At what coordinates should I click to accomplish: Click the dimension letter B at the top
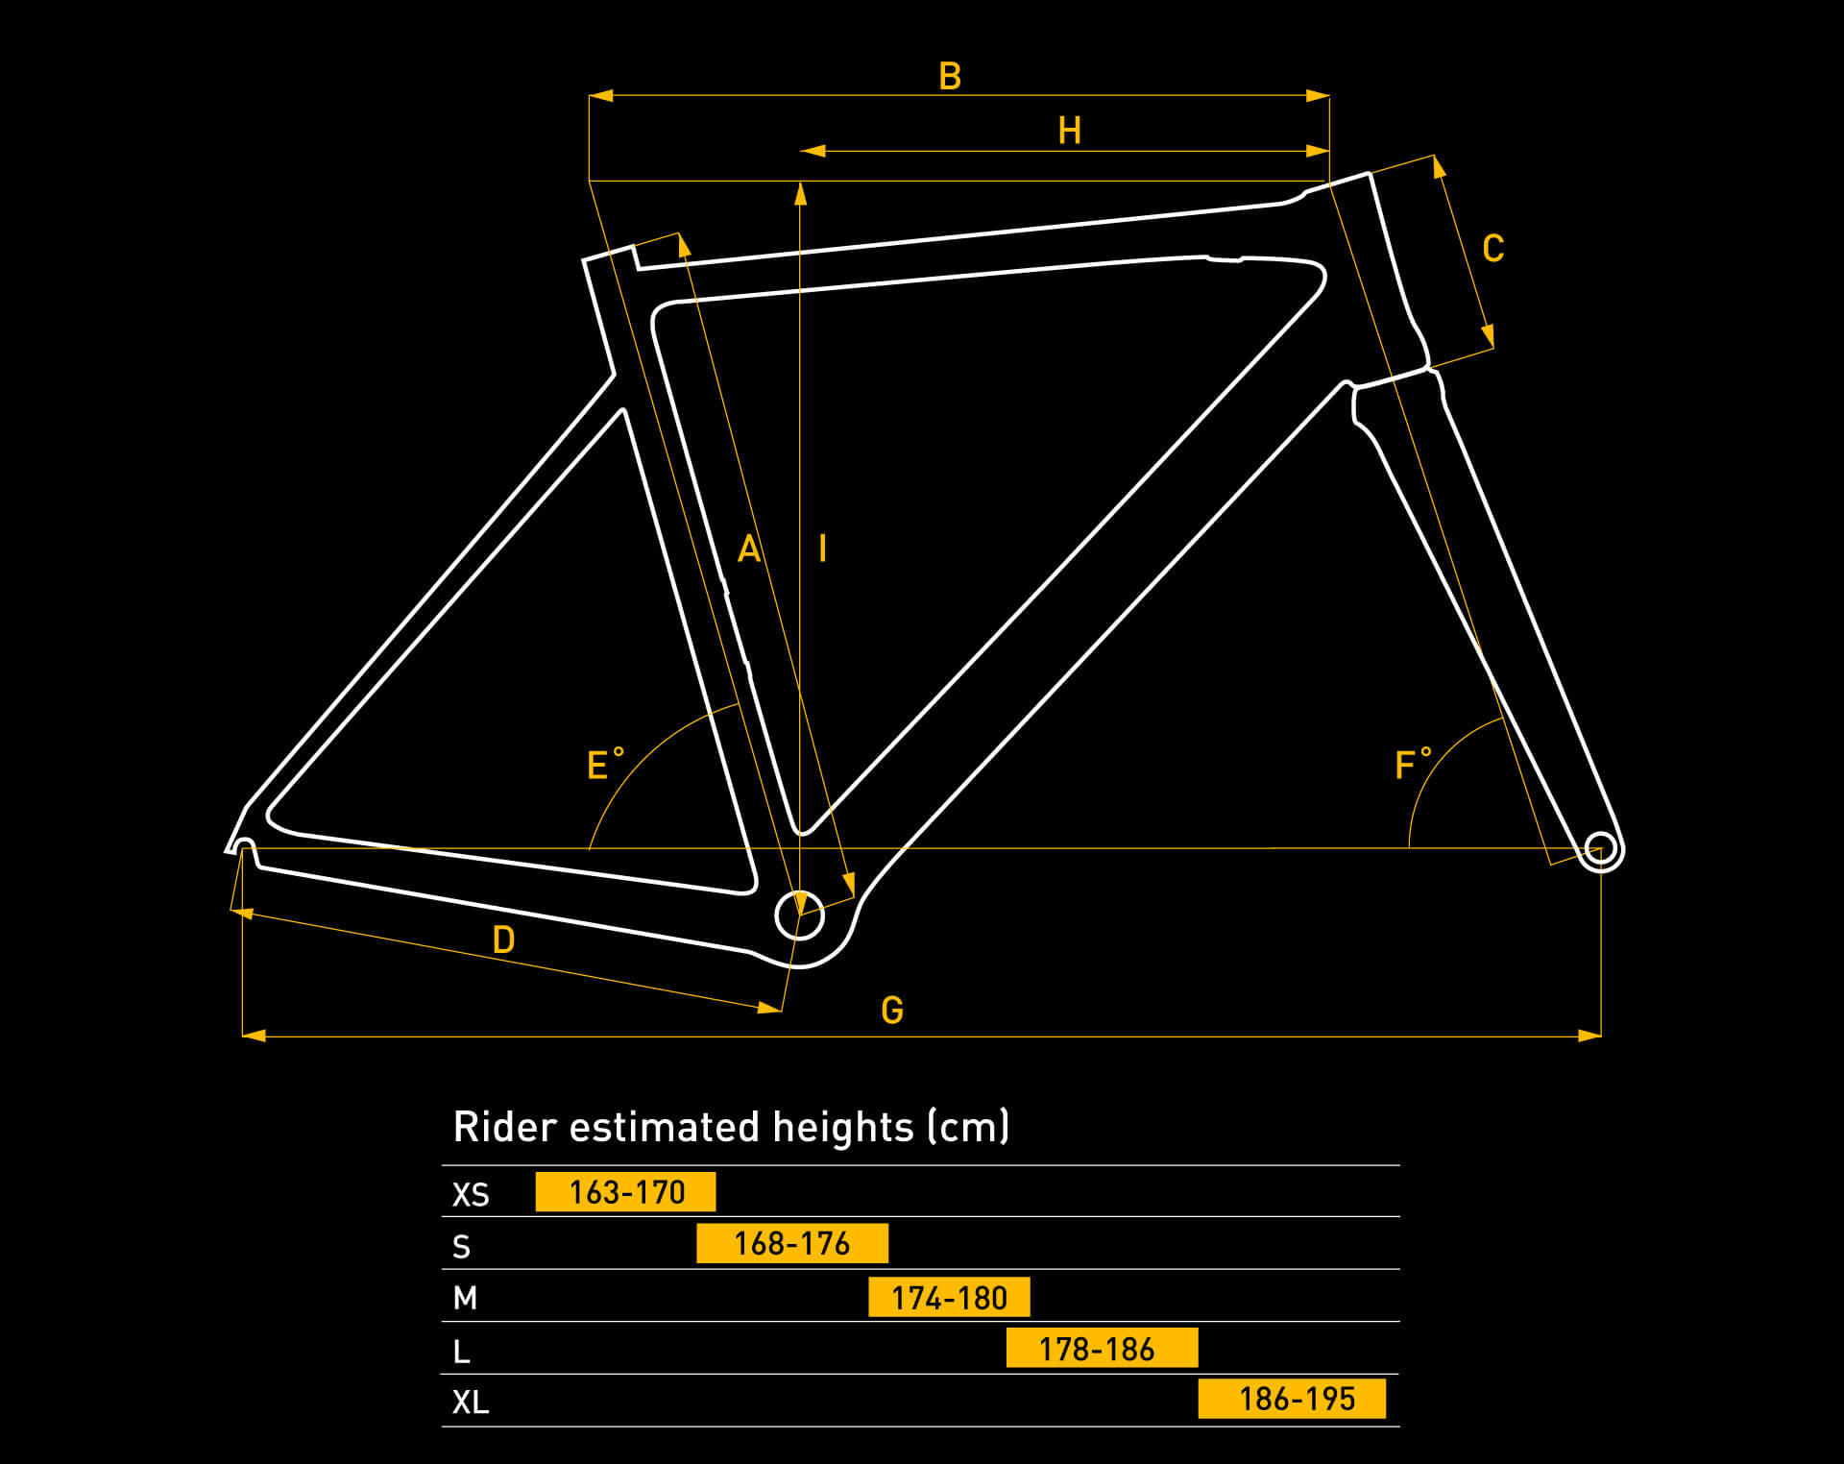pyautogui.click(x=950, y=77)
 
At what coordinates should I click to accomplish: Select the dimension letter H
pyautogui.click(x=1069, y=131)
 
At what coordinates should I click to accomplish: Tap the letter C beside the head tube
pyautogui.click(x=1492, y=249)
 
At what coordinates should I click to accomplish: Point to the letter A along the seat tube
pyautogui.click(x=748, y=549)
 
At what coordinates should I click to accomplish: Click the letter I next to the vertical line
pyautogui.click(x=822, y=549)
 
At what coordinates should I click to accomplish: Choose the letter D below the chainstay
pyautogui.click(x=503, y=940)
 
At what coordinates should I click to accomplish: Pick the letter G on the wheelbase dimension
pyautogui.click(x=892, y=1011)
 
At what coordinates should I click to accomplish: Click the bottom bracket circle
pyautogui.click(x=799, y=915)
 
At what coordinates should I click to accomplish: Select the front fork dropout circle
pyautogui.click(x=1600, y=850)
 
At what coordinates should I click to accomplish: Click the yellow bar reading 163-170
pyautogui.click(x=625, y=1192)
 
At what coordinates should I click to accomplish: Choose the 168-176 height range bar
pyautogui.click(x=791, y=1244)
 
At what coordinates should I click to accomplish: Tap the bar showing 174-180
pyautogui.click(x=949, y=1298)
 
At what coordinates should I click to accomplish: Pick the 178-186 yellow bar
pyautogui.click(x=1102, y=1349)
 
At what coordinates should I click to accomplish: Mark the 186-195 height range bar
pyautogui.click(x=1292, y=1399)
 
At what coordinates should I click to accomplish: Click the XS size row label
pyautogui.click(x=471, y=1195)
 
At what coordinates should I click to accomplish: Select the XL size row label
pyautogui.click(x=471, y=1403)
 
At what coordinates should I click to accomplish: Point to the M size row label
pyautogui.click(x=465, y=1299)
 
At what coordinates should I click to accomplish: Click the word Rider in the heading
pyautogui.click(x=504, y=1127)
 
